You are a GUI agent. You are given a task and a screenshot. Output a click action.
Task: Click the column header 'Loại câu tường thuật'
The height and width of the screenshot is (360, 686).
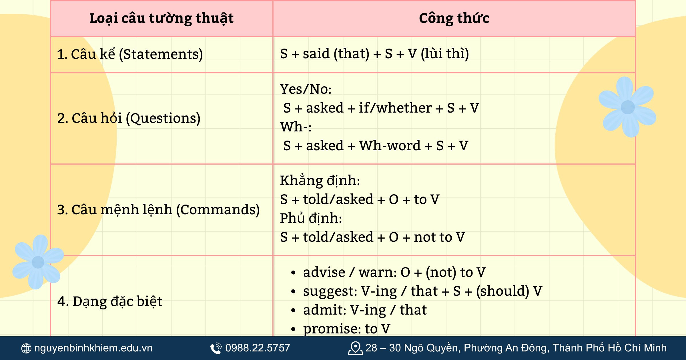click(161, 19)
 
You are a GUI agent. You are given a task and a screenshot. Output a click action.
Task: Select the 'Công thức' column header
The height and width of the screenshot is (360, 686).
click(454, 19)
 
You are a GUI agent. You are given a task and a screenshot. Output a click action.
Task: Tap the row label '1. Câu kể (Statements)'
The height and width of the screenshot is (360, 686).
click(130, 54)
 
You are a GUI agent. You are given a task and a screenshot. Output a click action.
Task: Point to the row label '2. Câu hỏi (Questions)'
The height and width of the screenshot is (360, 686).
click(129, 118)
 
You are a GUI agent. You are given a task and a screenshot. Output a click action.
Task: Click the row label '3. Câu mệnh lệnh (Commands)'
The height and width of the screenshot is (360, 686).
click(158, 210)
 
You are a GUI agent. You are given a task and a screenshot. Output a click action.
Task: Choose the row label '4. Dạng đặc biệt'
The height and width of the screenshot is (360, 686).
click(110, 301)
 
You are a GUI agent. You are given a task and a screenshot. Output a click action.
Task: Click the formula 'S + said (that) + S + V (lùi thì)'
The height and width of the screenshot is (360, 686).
click(374, 54)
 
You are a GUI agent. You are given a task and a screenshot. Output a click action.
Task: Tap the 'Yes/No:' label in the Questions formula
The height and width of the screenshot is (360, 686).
click(306, 89)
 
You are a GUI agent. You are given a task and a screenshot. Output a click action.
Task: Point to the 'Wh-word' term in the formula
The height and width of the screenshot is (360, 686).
click(390, 146)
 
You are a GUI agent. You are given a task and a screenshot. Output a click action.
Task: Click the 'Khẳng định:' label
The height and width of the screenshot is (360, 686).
click(320, 181)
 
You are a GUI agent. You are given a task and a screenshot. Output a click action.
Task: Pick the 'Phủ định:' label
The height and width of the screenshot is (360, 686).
click(311, 218)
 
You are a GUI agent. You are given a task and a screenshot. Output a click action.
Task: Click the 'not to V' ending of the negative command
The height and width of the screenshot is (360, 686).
click(439, 237)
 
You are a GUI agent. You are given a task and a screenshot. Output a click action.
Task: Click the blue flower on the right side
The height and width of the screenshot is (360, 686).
click(627, 107)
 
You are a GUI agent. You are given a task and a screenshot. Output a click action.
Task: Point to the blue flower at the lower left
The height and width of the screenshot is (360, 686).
click(38, 262)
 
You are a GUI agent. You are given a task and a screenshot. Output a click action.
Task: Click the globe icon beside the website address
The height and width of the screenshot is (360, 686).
click(26, 348)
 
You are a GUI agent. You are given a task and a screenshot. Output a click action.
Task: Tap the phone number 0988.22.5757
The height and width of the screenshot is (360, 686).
click(258, 348)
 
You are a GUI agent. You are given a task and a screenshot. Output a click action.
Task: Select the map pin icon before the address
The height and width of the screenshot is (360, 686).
click(355, 348)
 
